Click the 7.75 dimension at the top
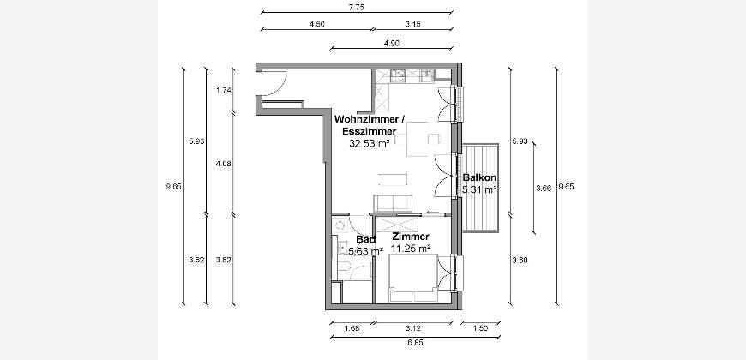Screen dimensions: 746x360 point(356,7)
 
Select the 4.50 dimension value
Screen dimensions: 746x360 point(316,24)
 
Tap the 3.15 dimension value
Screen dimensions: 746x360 point(412,24)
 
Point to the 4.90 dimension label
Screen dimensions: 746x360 point(391,43)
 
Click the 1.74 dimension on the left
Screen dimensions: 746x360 point(223,90)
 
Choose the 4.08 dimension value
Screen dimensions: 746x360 point(223,164)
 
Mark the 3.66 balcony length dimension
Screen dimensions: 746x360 point(544,189)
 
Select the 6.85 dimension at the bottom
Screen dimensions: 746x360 point(415,342)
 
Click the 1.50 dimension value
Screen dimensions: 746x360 point(480,328)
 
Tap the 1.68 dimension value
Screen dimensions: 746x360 point(352,328)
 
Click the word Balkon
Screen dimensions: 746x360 point(479,178)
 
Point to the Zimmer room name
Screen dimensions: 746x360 point(411,237)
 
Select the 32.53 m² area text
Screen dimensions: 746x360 point(370,143)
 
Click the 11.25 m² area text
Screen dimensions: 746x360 point(411,249)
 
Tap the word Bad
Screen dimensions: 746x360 point(365,239)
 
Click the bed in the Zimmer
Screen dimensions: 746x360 point(413,279)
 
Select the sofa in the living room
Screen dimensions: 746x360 point(393,203)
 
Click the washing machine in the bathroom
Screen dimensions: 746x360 point(340,225)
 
